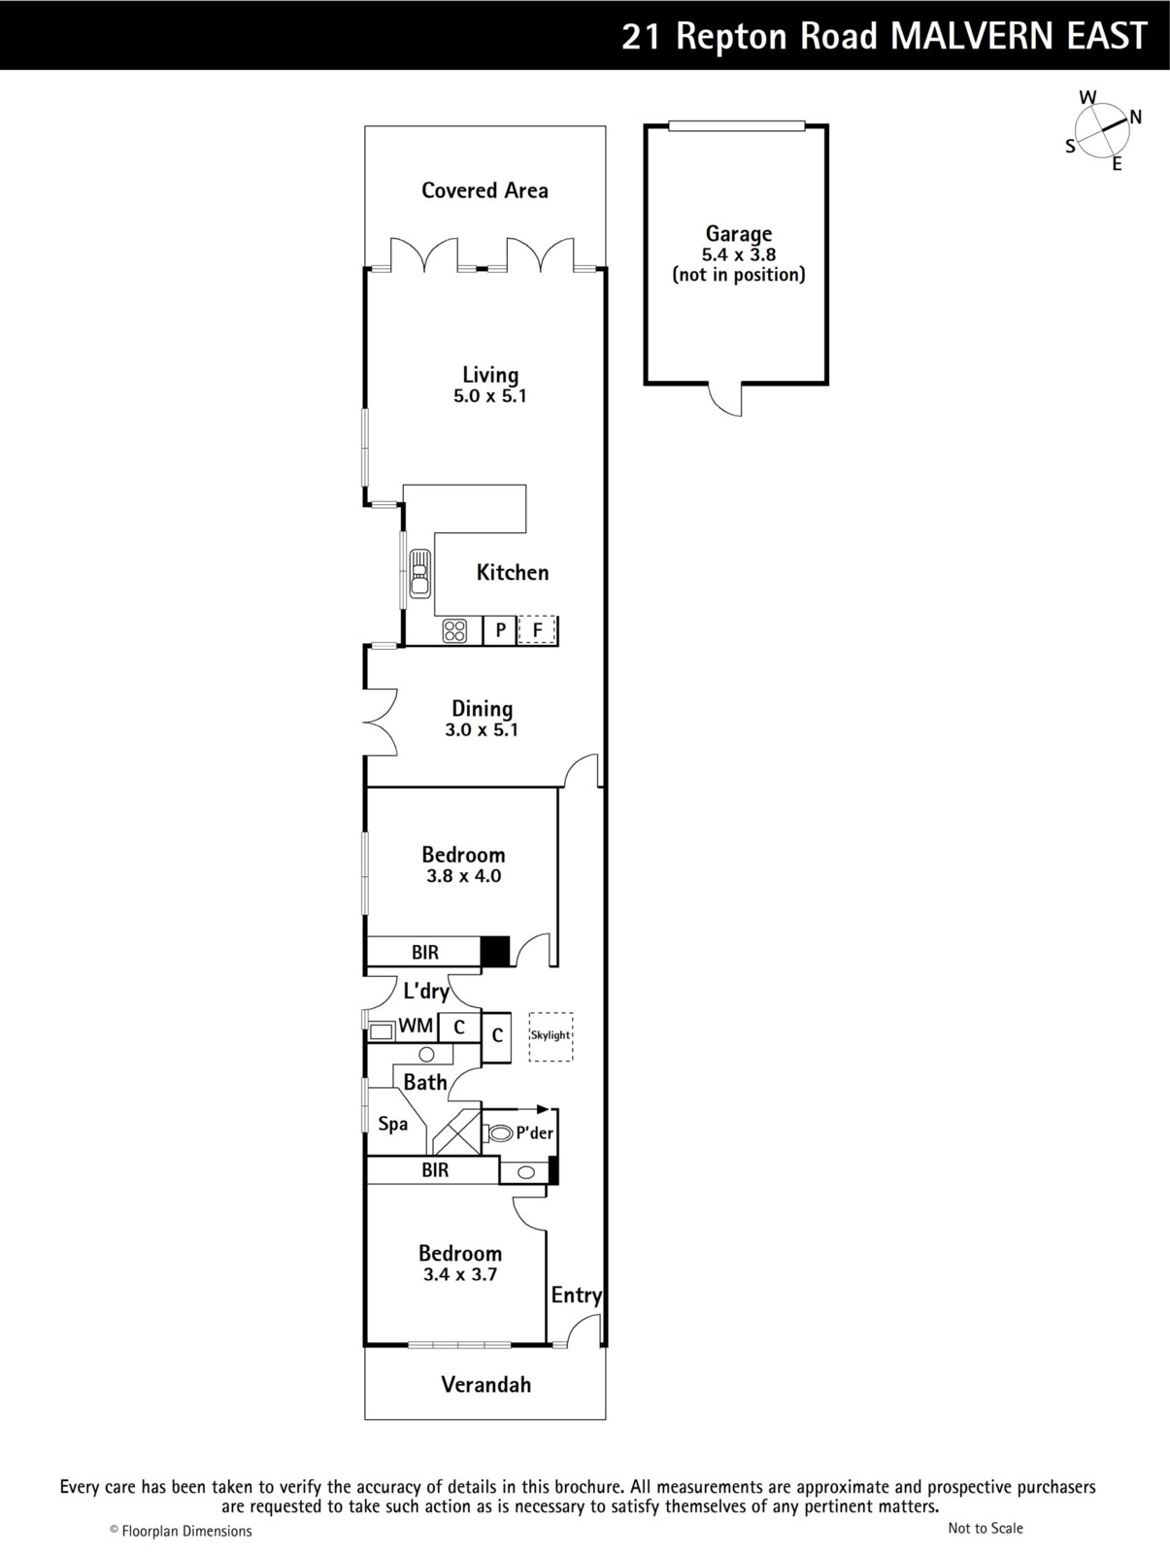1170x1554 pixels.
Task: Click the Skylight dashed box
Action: pos(551,1036)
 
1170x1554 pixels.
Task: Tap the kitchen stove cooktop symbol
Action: pos(454,630)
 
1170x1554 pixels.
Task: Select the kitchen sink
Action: pos(419,573)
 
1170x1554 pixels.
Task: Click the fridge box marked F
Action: pos(537,629)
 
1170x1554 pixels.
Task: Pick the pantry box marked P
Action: pos(500,629)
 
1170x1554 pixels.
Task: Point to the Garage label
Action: pos(738,234)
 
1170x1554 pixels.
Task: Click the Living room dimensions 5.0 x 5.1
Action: pos(489,395)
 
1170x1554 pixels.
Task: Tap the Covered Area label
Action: pos(485,190)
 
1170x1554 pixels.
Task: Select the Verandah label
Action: pos(485,1384)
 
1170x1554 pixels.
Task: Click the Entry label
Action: pos(576,1295)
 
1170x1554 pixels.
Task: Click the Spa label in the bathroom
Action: pos(393,1124)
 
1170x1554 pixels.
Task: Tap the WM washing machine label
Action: pos(416,1025)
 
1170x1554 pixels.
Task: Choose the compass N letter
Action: pos(1135,117)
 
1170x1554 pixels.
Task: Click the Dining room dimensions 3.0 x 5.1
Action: pos(482,730)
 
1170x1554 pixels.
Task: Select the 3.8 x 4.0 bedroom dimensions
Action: pos(463,876)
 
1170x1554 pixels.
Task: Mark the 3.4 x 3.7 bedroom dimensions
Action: pos(460,1274)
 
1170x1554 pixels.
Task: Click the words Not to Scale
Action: pos(986,1528)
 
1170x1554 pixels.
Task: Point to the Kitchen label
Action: pos(513,572)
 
